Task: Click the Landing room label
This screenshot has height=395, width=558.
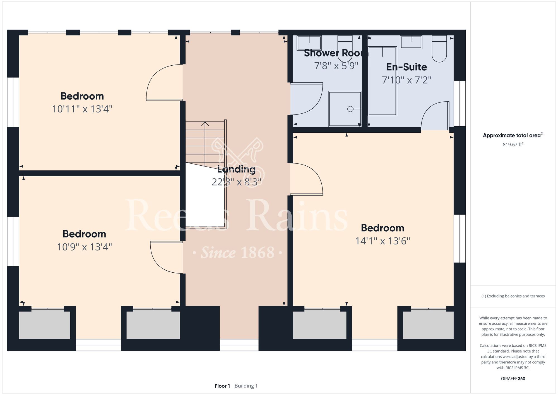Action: (x=236, y=169)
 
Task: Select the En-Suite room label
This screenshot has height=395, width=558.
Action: (x=407, y=67)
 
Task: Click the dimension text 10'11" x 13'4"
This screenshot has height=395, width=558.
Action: (x=82, y=109)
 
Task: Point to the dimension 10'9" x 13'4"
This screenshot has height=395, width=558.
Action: (x=84, y=247)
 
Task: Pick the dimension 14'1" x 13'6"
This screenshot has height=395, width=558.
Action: (x=383, y=241)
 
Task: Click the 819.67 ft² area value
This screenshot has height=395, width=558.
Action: (x=513, y=144)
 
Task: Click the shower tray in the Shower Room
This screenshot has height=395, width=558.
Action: (x=345, y=109)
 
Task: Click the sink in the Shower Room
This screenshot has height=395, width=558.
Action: (x=309, y=43)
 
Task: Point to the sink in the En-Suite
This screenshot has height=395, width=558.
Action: (x=411, y=42)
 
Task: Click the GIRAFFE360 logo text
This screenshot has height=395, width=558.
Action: (x=513, y=379)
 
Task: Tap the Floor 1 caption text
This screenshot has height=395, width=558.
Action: (x=222, y=386)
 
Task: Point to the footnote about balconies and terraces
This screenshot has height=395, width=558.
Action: (x=513, y=296)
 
